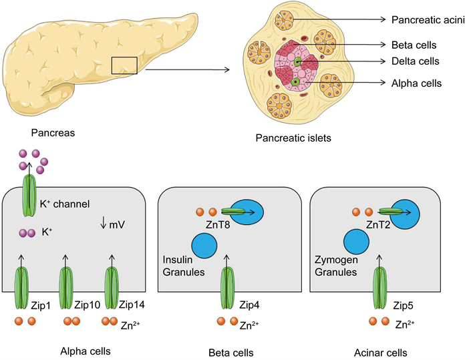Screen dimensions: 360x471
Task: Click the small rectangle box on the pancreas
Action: [124, 66]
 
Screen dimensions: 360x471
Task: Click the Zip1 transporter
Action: [21, 287]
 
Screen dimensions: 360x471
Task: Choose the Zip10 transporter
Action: [66, 287]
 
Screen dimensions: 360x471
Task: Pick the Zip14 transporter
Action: [111, 287]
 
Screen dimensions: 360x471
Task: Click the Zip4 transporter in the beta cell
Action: [228, 287]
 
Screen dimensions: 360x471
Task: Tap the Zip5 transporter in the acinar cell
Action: [381, 287]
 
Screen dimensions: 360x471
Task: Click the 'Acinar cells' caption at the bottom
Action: [381, 351]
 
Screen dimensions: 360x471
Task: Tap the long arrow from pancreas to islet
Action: [187, 69]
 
